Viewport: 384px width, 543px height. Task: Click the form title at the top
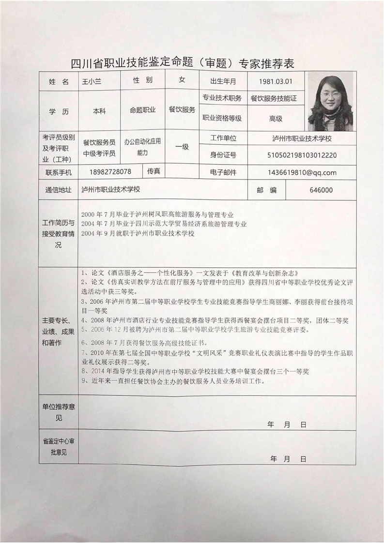coord(183,63)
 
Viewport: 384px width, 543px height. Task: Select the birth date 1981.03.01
coord(276,81)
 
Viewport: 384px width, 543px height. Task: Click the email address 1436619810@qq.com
coord(301,172)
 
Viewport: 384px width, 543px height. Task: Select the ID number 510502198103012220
coord(302,155)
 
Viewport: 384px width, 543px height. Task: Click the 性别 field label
coord(142,80)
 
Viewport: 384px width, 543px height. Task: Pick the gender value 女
coord(182,80)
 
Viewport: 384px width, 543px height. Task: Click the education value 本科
coord(99,111)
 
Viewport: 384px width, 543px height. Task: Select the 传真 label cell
coord(154,171)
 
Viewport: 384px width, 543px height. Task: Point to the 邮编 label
coord(266,190)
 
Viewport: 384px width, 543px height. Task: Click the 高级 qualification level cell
coord(276,118)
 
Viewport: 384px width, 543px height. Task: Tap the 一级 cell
coord(182,147)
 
